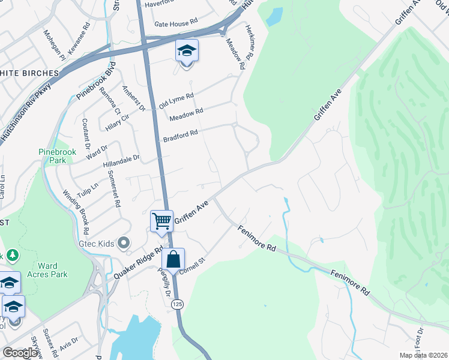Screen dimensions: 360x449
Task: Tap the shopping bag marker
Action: [x=173, y=260]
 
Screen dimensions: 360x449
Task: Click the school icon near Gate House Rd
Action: [x=187, y=50]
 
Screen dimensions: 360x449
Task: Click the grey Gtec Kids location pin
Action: [x=124, y=243]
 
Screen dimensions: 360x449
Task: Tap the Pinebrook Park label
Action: [x=58, y=156]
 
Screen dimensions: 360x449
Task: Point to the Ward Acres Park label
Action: [x=47, y=270]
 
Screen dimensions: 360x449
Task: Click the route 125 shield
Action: [x=177, y=305]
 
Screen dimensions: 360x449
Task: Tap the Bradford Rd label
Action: [x=181, y=136]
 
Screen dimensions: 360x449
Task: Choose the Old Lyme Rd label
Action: [x=176, y=100]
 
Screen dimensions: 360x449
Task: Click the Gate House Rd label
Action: [x=176, y=23]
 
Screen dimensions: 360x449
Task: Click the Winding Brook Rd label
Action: [x=76, y=211]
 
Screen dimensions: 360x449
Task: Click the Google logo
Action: [x=20, y=352]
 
